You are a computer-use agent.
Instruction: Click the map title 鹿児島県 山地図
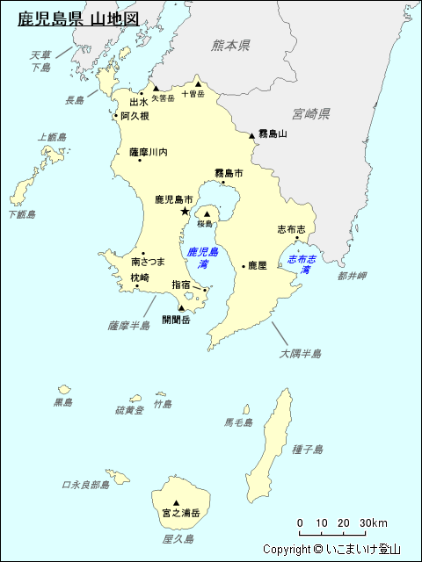[78, 18]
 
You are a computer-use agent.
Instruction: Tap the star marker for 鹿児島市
[185, 212]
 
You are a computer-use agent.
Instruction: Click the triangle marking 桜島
[207, 213]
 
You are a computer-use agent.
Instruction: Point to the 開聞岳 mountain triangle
[182, 308]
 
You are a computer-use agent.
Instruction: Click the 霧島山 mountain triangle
[252, 135]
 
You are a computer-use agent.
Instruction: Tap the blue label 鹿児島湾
[202, 257]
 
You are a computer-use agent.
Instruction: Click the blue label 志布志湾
[304, 264]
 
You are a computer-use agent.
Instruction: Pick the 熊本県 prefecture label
[231, 45]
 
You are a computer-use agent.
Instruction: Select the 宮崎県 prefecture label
[311, 114]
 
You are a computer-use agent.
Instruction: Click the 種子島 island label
[308, 450]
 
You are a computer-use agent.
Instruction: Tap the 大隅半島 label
[301, 354]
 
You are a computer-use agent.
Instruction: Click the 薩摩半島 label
[129, 325]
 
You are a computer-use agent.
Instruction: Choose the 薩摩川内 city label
[148, 152]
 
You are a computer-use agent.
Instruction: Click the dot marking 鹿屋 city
[244, 265]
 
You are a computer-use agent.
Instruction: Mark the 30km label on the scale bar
[375, 524]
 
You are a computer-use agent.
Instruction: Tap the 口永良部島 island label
[85, 485]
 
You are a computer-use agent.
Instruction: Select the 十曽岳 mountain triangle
[198, 85]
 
